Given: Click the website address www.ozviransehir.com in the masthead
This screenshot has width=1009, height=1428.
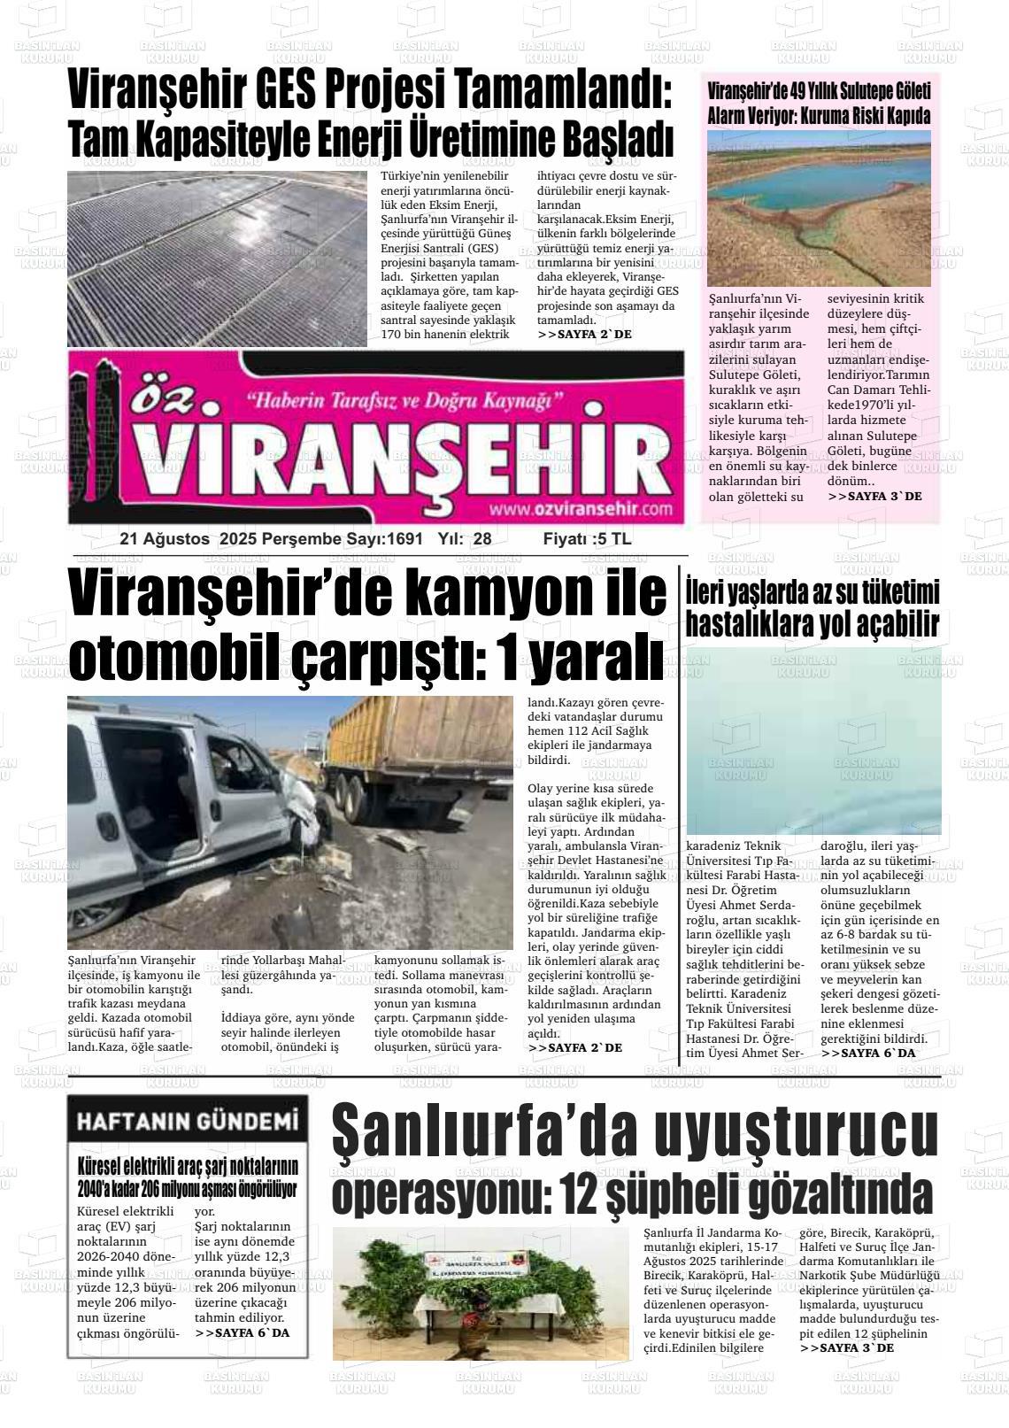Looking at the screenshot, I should point(579,509).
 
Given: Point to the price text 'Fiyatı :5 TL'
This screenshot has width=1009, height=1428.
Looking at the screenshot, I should point(587,539).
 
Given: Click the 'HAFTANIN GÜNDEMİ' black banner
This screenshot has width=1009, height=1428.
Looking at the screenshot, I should point(187,1122).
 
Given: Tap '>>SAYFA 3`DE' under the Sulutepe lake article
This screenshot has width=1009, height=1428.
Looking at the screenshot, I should point(874,497).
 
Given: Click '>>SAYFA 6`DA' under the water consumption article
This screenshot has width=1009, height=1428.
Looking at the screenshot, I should point(868,1053).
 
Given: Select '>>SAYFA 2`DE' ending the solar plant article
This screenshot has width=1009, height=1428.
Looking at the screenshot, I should point(584,335).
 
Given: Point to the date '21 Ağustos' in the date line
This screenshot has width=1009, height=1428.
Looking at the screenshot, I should point(165,539).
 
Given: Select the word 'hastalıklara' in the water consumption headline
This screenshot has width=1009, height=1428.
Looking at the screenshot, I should point(750,624).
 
